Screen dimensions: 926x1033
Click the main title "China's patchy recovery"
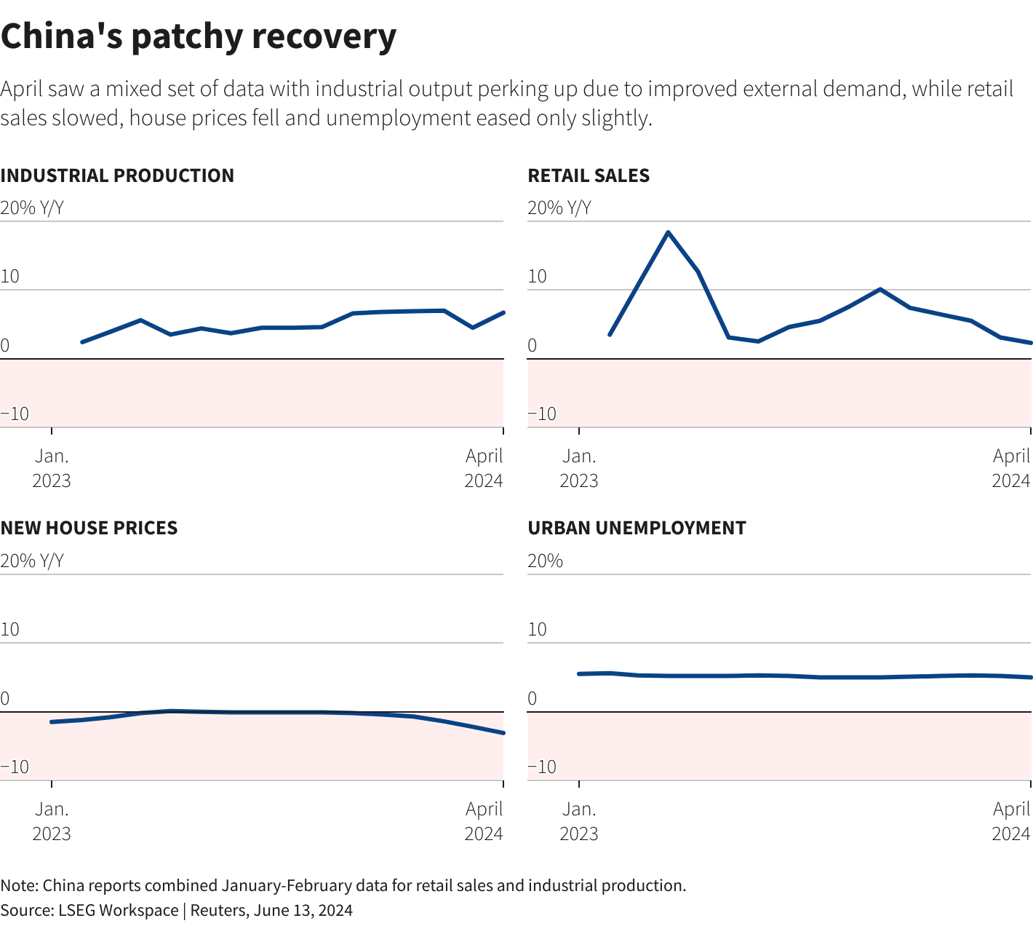[x=198, y=36]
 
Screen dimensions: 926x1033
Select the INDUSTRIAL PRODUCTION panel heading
[x=117, y=175]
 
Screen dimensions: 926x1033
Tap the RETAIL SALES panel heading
[x=589, y=175]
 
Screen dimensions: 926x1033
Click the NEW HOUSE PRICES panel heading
[x=89, y=528]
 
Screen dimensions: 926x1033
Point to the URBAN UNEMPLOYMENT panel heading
[x=637, y=528]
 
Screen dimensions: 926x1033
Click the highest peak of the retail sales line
[x=668, y=232]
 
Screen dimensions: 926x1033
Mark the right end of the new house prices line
[x=503, y=732]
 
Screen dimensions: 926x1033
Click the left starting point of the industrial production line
[x=81, y=342]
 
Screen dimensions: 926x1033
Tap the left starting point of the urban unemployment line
[x=579, y=673]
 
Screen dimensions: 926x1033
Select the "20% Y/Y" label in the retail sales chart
[x=559, y=208]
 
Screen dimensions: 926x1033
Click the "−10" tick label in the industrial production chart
[x=15, y=413]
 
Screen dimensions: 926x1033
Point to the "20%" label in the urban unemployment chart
[x=545, y=561]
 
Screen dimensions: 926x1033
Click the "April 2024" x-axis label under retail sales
[x=1011, y=468]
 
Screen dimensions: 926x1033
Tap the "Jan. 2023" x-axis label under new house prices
[x=52, y=820]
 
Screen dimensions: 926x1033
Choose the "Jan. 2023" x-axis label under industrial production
[x=52, y=468]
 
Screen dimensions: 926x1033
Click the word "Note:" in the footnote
[x=20, y=885]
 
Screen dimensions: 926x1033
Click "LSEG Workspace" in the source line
[x=118, y=910]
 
